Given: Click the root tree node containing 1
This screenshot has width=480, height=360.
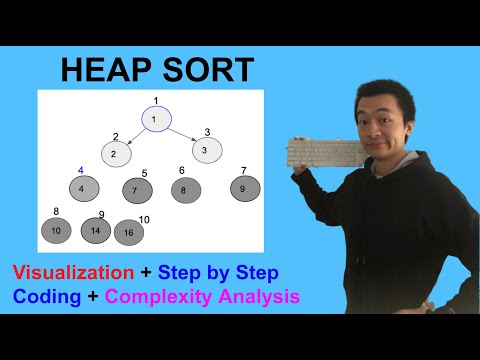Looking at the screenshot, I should pyautogui.click(x=155, y=120).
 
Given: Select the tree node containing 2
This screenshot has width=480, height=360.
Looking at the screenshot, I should pyautogui.click(x=115, y=153).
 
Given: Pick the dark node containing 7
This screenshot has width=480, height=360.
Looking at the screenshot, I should pyautogui.click(x=136, y=189).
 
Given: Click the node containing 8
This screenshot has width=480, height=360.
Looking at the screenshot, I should pyautogui.click(x=185, y=188).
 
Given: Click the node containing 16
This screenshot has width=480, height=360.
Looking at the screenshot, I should pyautogui.click(x=129, y=233).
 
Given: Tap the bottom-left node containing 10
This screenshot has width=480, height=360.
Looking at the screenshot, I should pyautogui.click(x=56, y=231).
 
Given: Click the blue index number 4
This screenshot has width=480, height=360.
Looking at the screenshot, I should pyautogui.click(x=80, y=170).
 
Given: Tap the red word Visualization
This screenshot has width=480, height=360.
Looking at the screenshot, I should pyautogui.click(x=73, y=272).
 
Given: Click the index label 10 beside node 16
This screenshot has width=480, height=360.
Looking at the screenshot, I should pyautogui.click(x=144, y=220).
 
